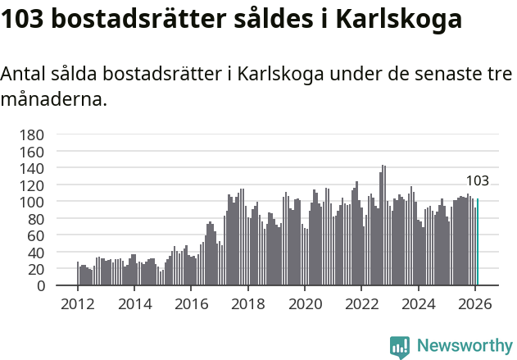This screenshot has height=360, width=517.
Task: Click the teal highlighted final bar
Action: point(478,242)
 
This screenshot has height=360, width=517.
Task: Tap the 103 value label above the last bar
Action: point(478,181)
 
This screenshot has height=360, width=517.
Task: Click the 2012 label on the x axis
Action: point(78,303)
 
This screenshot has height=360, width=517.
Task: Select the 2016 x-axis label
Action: point(191,303)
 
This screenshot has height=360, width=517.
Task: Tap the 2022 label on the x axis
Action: point(361,303)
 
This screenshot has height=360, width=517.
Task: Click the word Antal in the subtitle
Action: point(24,74)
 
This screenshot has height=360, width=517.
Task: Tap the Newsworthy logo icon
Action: point(400,346)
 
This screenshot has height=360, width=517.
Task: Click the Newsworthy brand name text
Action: point(464,346)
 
